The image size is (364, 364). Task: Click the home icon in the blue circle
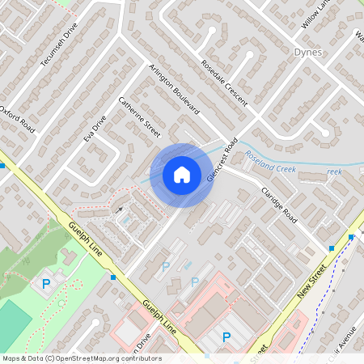(x=182, y=174)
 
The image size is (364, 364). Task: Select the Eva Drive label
(x=95, y=129)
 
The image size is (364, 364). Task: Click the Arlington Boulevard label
(x=173, y=90)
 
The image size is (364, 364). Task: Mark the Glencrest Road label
(x=220, y=159)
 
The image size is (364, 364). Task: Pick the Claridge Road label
(x=279, y=205)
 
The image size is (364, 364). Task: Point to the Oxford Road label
(x=18, y=120)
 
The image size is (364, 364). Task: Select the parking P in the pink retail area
(x=226, y=337)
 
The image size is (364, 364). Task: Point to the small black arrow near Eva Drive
(x=120, y=210)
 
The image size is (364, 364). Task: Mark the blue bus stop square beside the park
(x=112, y=277)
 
